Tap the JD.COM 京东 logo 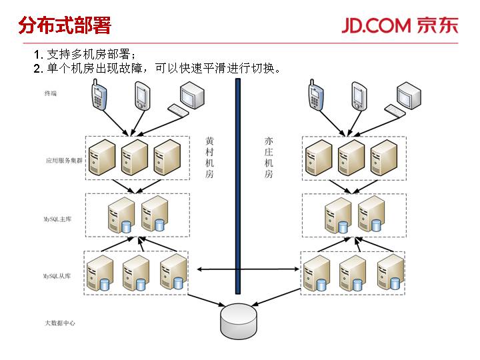click(x=400, y=25)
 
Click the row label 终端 click(x=51, y=93)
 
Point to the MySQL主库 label click(x=59, y=218)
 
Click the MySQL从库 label click(x=59, y=275)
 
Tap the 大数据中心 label click(x=60, y=323)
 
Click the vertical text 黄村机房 click(x=209, y=157)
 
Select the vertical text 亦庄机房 click(x=269, y=157)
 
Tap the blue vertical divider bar click(x=237, y=187)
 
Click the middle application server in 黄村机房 click(x=135, y=157)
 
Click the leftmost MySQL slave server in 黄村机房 click(x=101, y=273)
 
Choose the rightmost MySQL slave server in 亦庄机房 click(x=390, y=273)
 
